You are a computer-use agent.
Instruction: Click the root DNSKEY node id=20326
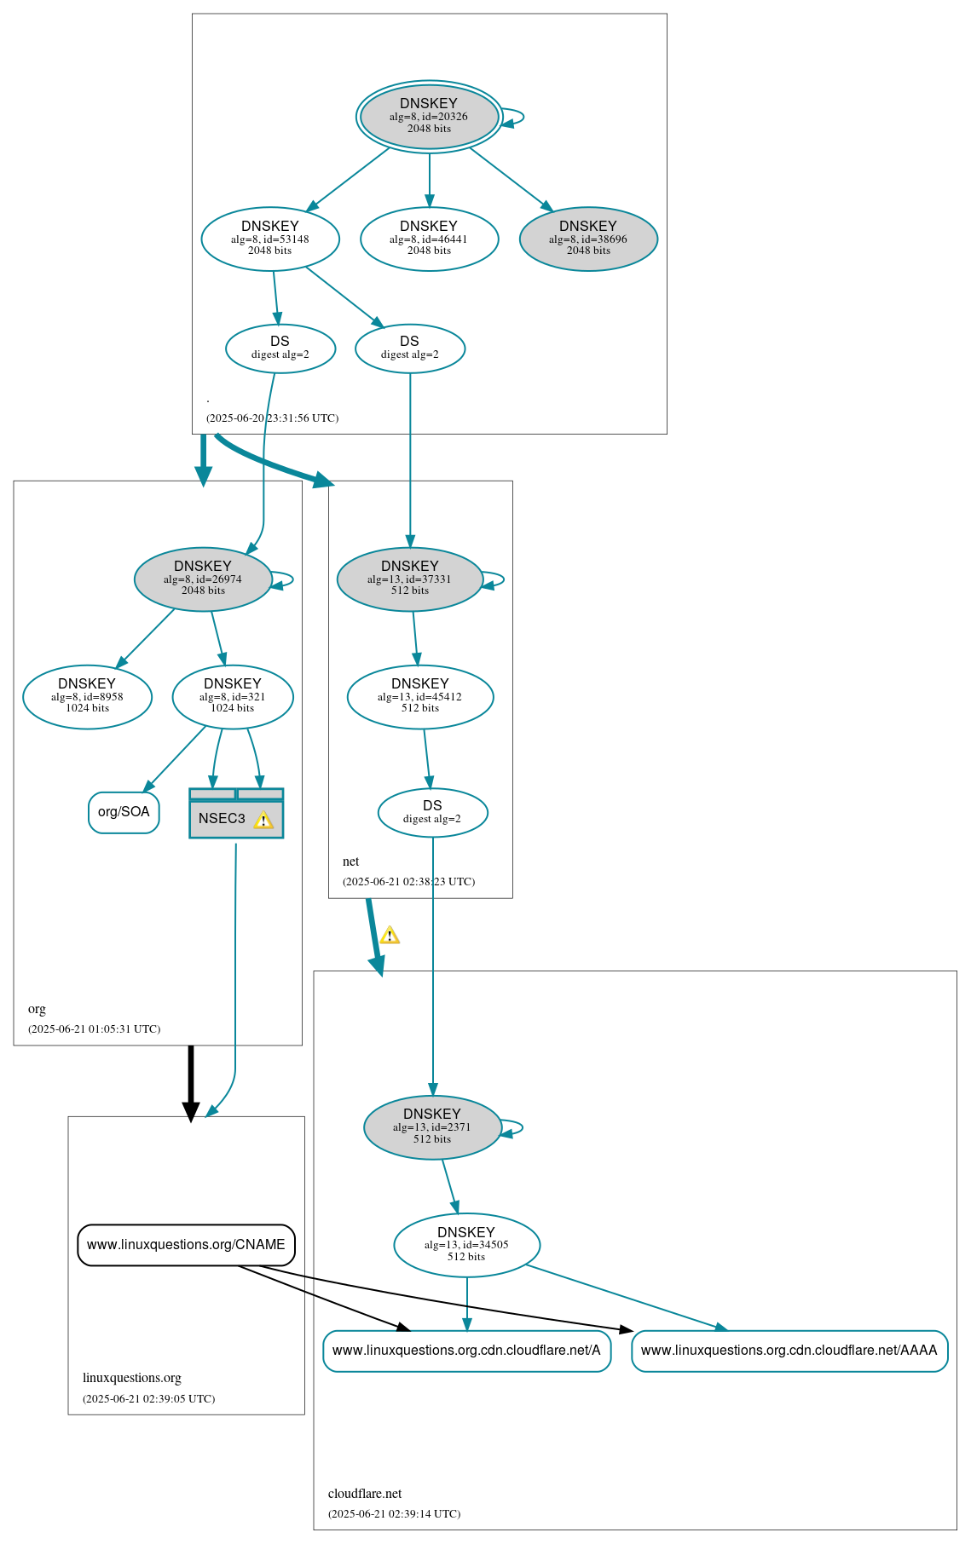(429, 117)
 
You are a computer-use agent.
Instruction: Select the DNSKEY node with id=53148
(270, 239)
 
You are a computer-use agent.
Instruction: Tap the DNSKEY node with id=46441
(429, 239)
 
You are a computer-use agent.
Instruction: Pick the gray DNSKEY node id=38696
(588, 239)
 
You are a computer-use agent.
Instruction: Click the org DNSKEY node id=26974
(203, 579)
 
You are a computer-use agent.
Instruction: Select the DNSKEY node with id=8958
(87, 696)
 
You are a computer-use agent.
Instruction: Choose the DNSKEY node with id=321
(233, 696)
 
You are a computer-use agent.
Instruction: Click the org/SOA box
(124, 812)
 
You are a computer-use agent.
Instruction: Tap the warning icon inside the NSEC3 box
(263, 820)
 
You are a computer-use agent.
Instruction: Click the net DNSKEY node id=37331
(410, 579)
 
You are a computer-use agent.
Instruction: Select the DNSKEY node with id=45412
(420, 696)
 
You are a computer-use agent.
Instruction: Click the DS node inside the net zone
(432, 812)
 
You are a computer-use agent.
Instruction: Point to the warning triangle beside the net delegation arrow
(390, 936)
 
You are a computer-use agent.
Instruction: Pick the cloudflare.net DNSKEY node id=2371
(432, 1126)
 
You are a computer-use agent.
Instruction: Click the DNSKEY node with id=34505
(466, 1245)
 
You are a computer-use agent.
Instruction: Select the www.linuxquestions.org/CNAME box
(186, 1245)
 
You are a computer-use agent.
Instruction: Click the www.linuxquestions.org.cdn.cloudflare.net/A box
(466, 1351)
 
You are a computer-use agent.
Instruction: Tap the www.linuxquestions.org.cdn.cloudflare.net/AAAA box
(789, 1351)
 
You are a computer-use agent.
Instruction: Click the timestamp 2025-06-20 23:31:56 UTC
(272, 418)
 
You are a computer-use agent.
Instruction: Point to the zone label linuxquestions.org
(131, 1378)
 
